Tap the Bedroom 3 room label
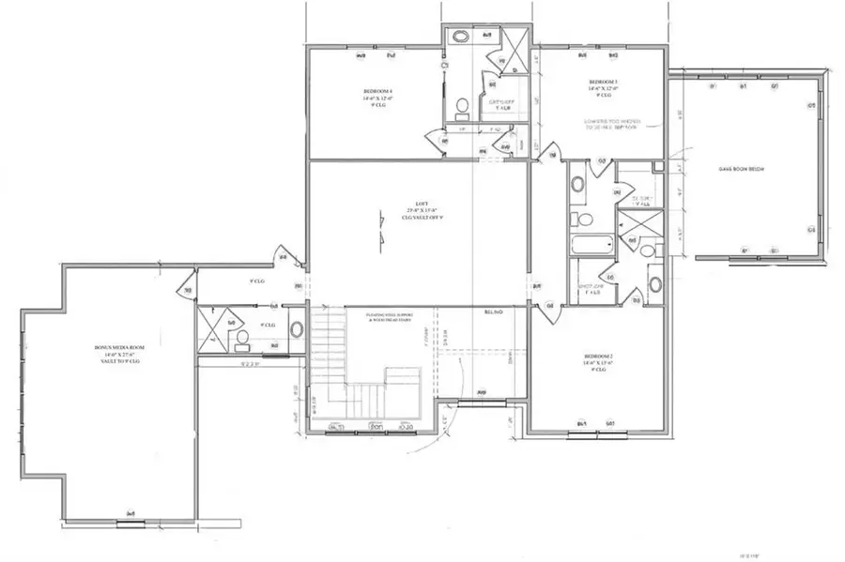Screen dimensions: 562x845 pyautogui.click(x=601, y=88)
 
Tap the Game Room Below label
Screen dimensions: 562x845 pyautogui.click(x=743, y=169)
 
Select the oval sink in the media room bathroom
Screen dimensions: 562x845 pyautogui.click(x=297, y=330)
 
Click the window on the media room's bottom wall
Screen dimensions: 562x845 pyautogui.click(x=131, y=513)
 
